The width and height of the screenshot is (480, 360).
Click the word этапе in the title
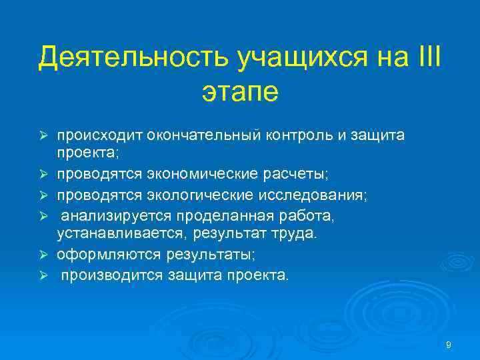pos(239,91)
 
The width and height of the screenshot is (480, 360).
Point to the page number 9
pos(449,345)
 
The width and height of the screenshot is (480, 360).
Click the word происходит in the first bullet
pos(95,135)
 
